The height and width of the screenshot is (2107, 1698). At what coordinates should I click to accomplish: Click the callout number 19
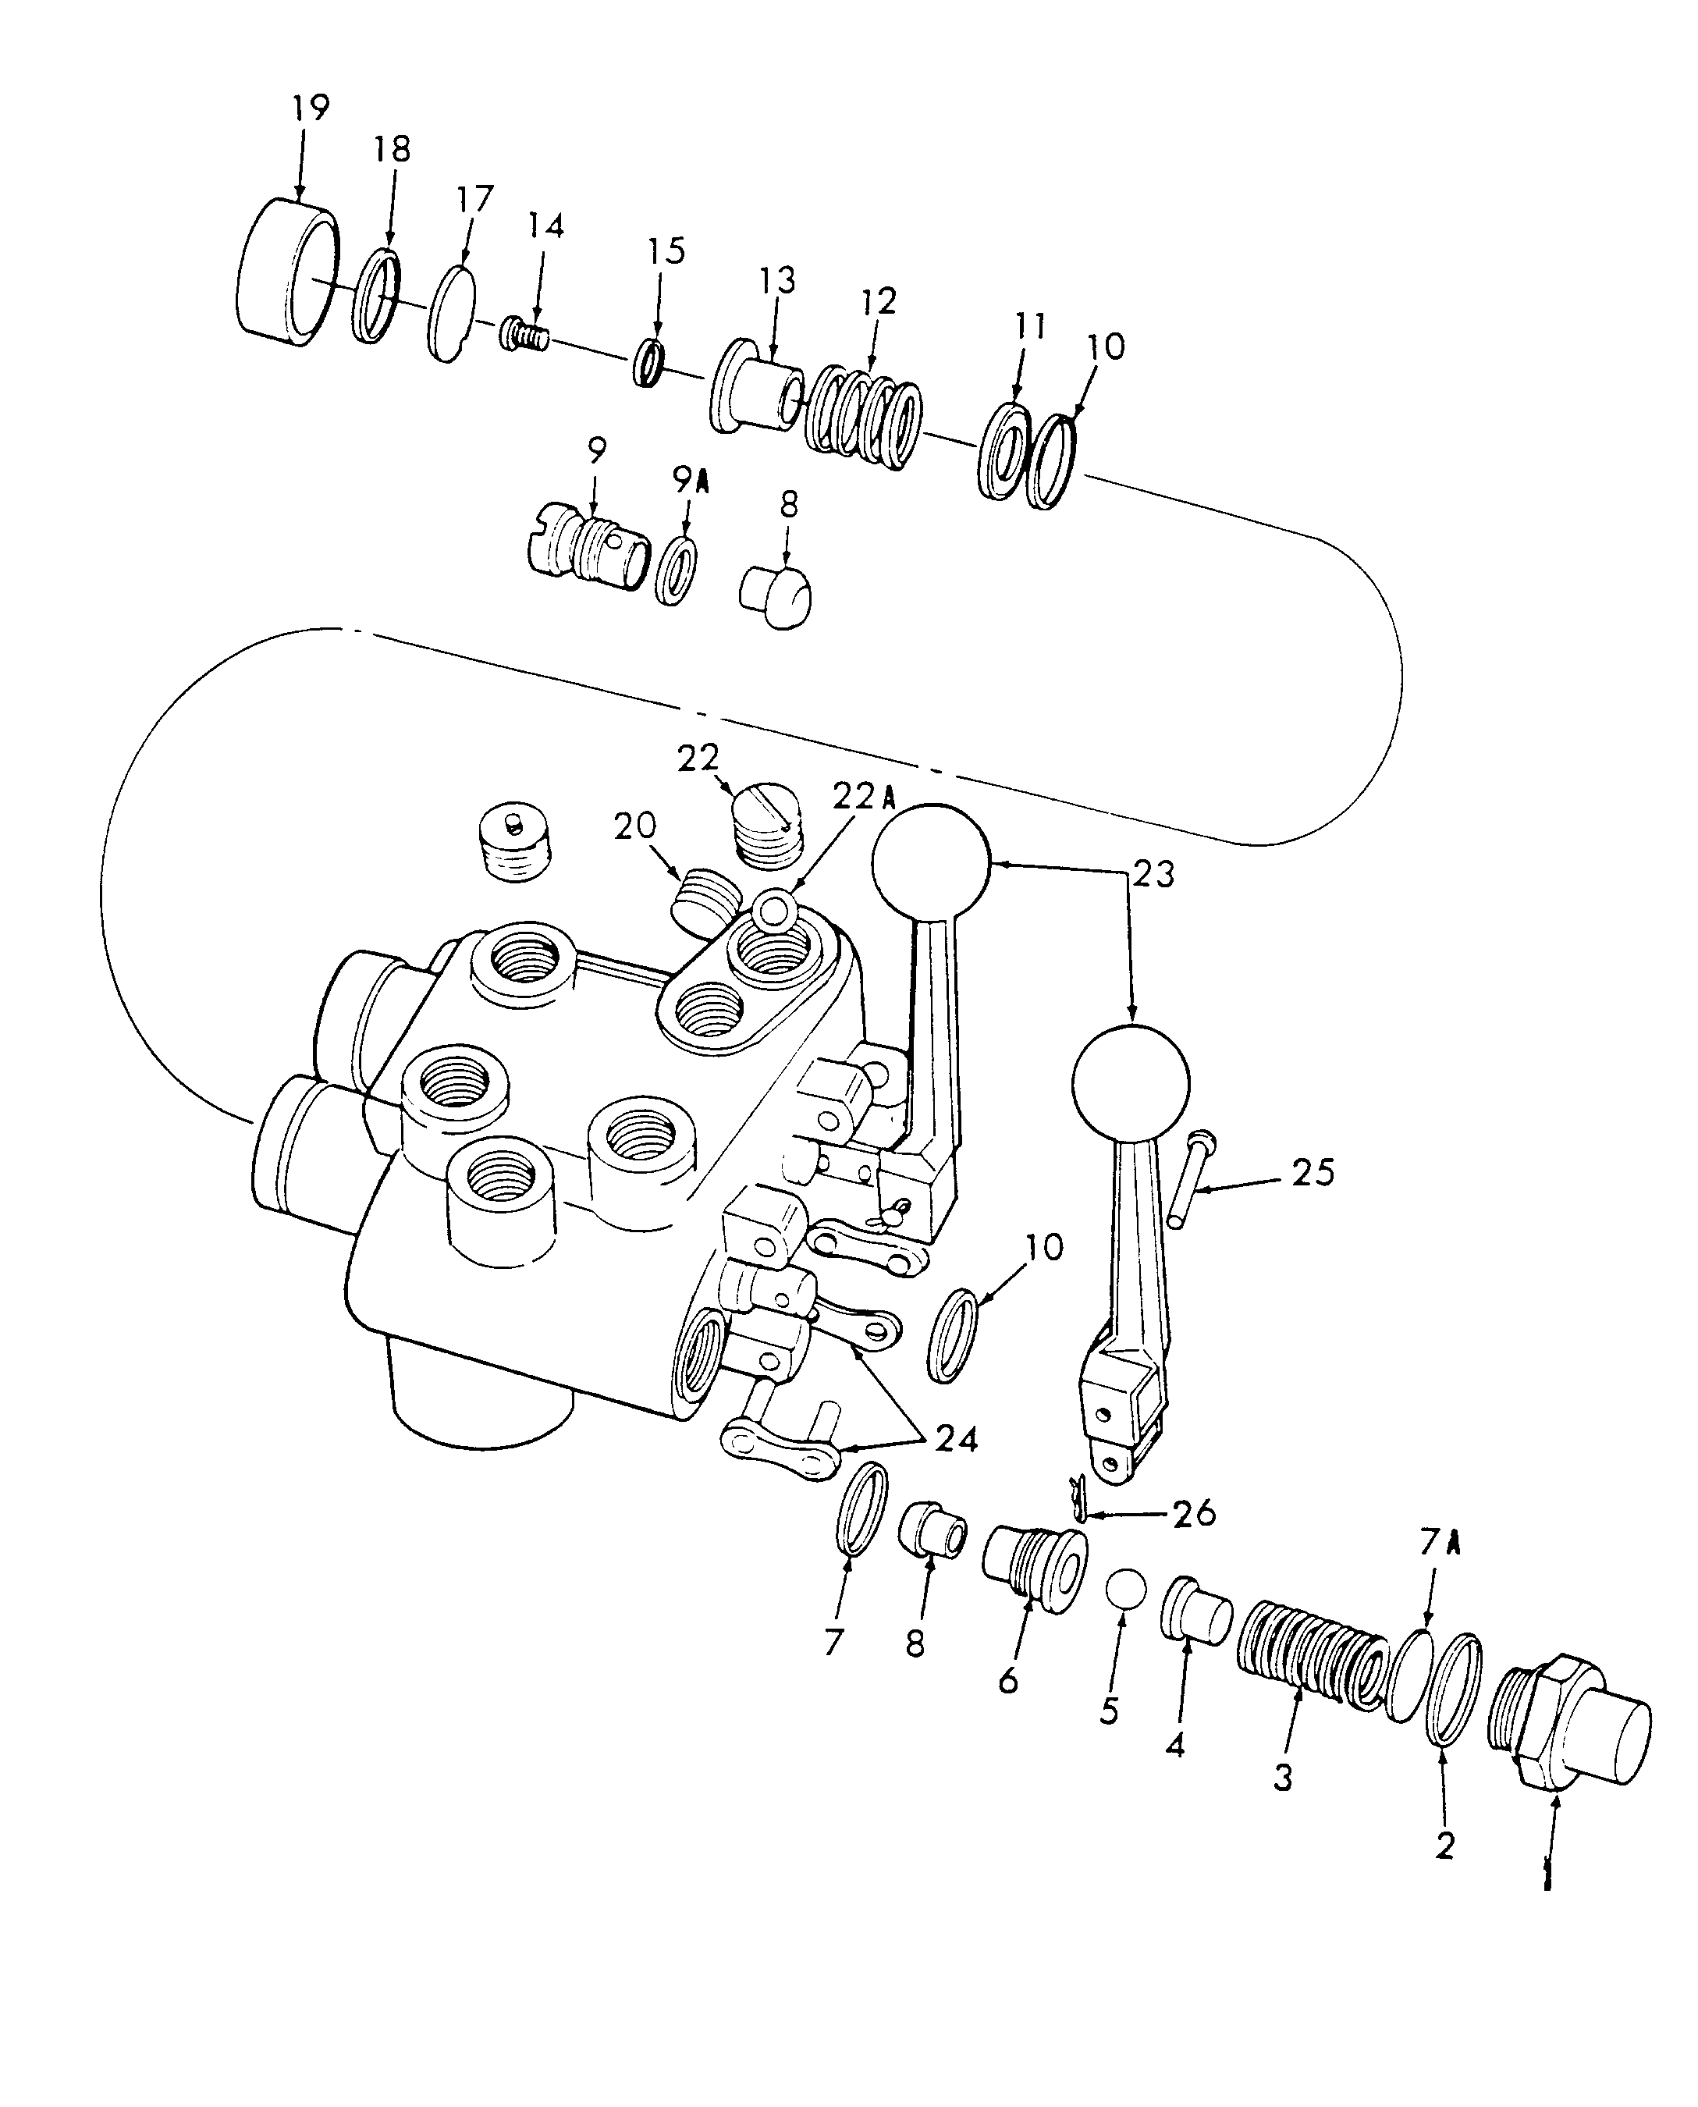(311, 108)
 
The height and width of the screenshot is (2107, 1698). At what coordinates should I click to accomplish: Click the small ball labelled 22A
(775, 908)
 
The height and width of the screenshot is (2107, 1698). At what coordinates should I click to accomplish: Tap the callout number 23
(1153, 873)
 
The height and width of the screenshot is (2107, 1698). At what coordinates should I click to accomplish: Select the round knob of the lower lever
(1131, 1084)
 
